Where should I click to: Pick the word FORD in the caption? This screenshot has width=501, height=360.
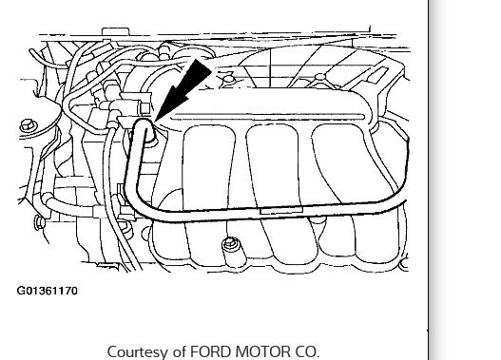(x=211, y=351)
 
